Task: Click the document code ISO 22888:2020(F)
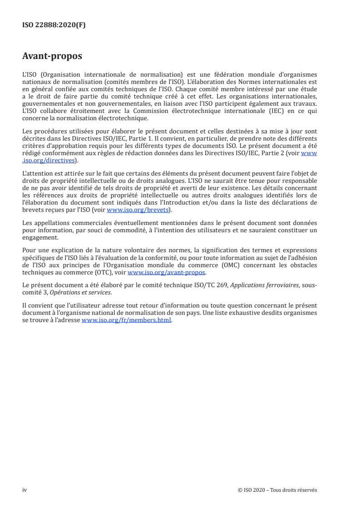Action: [54, 25]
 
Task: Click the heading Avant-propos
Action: [52, 56]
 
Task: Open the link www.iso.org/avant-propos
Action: [166, 273]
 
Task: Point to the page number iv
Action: [25, 490]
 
